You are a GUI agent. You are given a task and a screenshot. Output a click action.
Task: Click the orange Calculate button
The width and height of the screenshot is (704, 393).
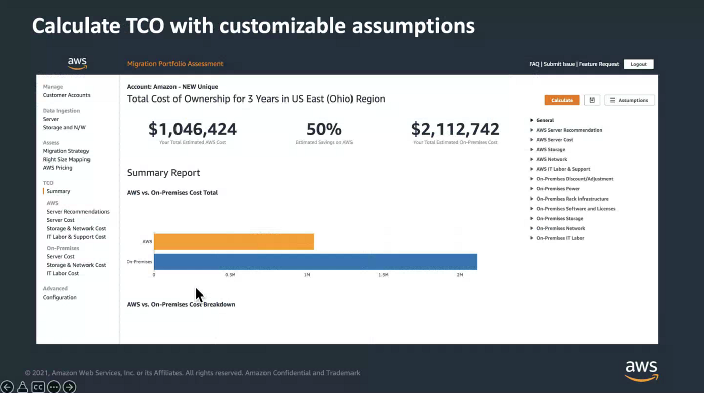[x=562, y=100]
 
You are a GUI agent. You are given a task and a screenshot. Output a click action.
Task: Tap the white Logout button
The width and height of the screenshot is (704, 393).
[x=638, y=64]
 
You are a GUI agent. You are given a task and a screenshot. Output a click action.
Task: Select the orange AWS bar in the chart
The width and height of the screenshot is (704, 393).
[x=234, y=242]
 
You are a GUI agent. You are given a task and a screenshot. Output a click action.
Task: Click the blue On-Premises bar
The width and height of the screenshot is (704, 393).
[x=315, y=262]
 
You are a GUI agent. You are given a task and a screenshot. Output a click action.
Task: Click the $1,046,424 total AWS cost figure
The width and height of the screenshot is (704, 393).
[x=193, y=129]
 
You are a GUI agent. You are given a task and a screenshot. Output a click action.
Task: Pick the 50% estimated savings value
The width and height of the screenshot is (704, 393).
[x=324, y=129]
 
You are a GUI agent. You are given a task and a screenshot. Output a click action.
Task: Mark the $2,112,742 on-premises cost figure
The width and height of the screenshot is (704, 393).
[x=455, y=129]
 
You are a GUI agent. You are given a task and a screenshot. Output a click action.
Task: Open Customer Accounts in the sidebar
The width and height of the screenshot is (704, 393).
[x=66, y=95]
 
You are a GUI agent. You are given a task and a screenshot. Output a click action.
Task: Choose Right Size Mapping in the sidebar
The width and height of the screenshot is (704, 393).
[x=66, y=159]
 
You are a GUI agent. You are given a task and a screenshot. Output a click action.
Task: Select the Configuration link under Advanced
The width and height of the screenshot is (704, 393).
[x=60, y=297]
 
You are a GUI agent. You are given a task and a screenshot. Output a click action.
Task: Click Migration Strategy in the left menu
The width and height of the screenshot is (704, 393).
[x=66, y=151]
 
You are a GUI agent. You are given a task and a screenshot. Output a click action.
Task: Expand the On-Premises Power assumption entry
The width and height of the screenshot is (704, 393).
[x=558, y=189]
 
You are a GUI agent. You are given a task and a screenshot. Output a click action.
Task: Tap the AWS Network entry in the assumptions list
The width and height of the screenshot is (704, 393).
[x=551, y=159]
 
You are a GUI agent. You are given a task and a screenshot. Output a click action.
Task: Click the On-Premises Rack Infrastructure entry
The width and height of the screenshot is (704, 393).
[x=572, y=199]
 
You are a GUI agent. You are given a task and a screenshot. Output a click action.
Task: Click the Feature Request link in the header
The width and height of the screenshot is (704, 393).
[x=599, y=64]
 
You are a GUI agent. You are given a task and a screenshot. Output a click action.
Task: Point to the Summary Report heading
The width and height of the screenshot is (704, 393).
[x=163, y=173]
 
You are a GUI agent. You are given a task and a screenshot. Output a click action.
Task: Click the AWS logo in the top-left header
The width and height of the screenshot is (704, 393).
[x=77, y=63]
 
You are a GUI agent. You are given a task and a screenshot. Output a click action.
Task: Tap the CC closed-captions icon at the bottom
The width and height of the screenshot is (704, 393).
[x=38, y=387]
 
